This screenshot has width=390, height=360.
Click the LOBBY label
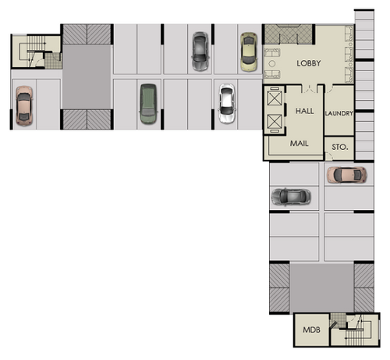tap(309, 63)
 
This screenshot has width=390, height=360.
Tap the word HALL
tap(304, 111)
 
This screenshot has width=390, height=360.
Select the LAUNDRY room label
tap(339, 113)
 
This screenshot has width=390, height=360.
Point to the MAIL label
tap(299, 143)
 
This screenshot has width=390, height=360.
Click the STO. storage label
tap(340, 147)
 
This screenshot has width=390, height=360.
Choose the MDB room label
tap(311, 330)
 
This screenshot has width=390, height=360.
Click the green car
tap(148, 104)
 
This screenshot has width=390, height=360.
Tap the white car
tap(227, 103)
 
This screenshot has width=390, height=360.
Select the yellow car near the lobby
tap(249, 52)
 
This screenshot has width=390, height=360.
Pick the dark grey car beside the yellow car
tap(200, 52)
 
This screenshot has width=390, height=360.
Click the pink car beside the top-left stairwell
tap(24, 106)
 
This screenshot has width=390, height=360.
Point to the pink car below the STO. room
tap(347, 175)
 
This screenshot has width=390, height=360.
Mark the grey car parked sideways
tap(291, 197)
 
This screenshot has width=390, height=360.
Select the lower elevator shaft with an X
tap(275, 121)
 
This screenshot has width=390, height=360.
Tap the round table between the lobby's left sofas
tap(272, 63)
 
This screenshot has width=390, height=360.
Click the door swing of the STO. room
tap(329, 156)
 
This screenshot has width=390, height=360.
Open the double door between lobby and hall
tap(310, 88)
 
